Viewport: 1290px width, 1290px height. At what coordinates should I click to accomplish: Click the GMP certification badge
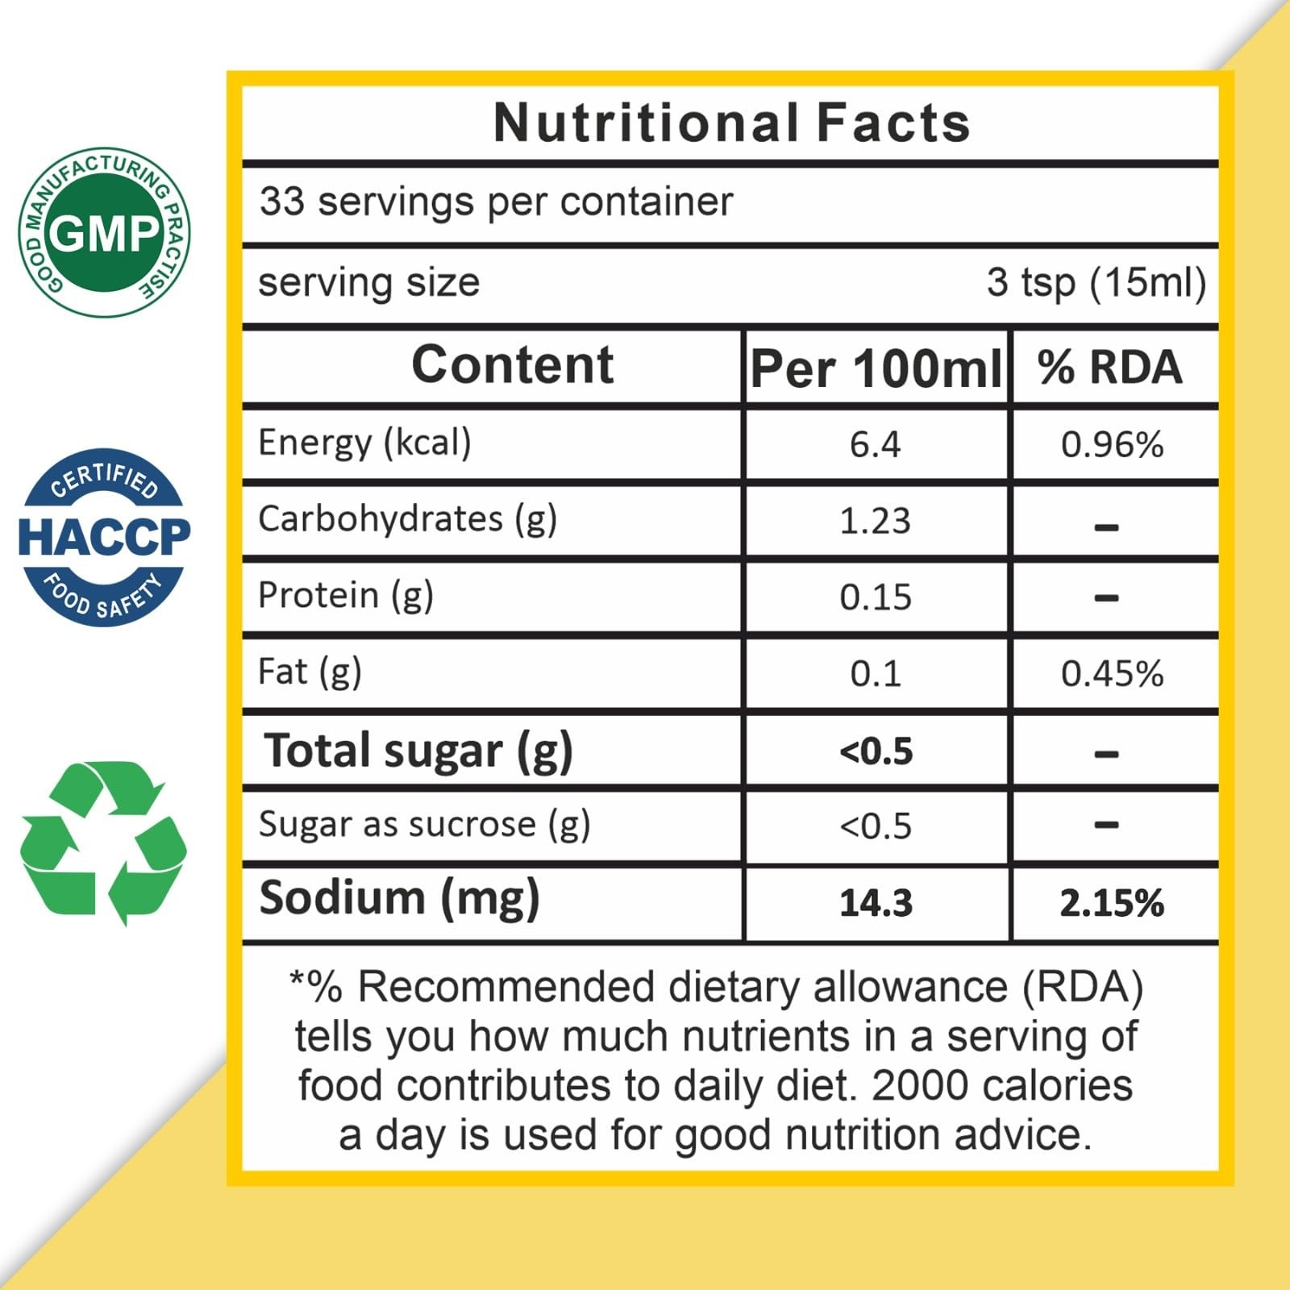104,232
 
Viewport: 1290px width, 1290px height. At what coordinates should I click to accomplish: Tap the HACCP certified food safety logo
104,537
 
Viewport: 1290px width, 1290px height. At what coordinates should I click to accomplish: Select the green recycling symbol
103,843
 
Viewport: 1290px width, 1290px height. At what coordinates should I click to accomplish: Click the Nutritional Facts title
732,123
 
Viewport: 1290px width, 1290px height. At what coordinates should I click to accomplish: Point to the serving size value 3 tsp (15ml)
1096,283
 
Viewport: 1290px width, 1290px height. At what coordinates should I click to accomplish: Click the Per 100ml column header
876,368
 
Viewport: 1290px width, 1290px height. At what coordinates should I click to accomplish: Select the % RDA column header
1110,368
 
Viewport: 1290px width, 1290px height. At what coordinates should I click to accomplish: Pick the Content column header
513,364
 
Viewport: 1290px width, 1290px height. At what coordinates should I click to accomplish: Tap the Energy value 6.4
875,444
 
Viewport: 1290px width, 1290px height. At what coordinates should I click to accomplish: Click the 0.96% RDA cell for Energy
1112,444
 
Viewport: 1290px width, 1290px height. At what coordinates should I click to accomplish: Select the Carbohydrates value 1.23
875,521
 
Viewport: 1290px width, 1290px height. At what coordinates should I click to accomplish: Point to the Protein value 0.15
875,597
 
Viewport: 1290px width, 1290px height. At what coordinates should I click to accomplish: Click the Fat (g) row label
310,672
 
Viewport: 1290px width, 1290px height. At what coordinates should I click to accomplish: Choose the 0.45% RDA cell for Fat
1112,674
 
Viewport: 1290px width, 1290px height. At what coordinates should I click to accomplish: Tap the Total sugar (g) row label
418,751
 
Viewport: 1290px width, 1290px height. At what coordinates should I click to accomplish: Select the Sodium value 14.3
876,903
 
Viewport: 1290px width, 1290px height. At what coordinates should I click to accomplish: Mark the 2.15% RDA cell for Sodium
1112,903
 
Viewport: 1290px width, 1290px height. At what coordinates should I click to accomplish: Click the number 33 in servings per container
282,201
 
